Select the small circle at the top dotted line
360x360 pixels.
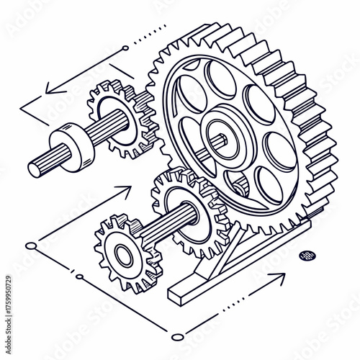pyautogui.click(x=125, y=48)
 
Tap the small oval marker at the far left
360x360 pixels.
pyautogui.click(x=31, y=246)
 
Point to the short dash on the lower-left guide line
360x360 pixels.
pyautogui.click(x=74, y=274)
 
